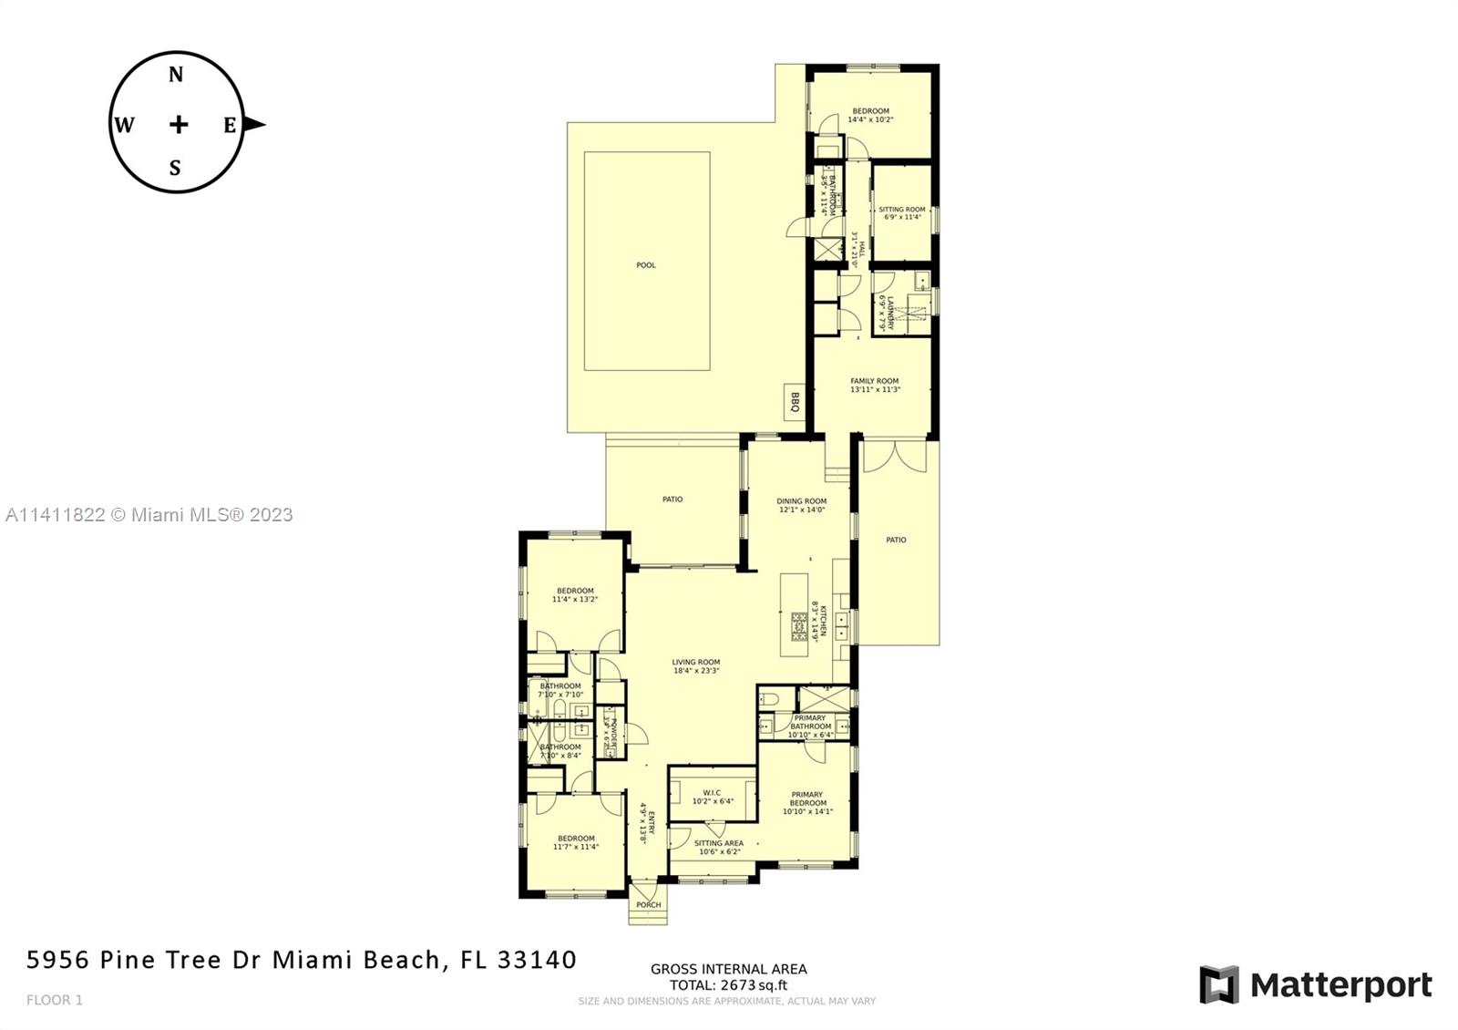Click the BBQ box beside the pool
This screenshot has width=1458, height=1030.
[794, 401]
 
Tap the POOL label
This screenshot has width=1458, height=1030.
[646, 265]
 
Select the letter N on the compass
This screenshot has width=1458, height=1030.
[176, 75]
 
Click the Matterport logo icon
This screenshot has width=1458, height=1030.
[1219, 984]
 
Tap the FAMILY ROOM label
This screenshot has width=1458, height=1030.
[875, 381]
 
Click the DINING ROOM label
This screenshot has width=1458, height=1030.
[802, 500]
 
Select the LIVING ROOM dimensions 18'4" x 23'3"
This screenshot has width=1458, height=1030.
[696, 671]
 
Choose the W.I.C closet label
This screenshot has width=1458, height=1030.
[712, 792]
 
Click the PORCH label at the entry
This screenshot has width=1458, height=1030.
[648, 905]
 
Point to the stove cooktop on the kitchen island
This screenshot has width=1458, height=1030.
[799, 627]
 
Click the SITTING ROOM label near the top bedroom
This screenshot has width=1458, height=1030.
[901, 210]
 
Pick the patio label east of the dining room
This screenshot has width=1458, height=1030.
[896, 540]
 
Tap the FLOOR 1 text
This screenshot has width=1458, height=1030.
[55, 1000]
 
